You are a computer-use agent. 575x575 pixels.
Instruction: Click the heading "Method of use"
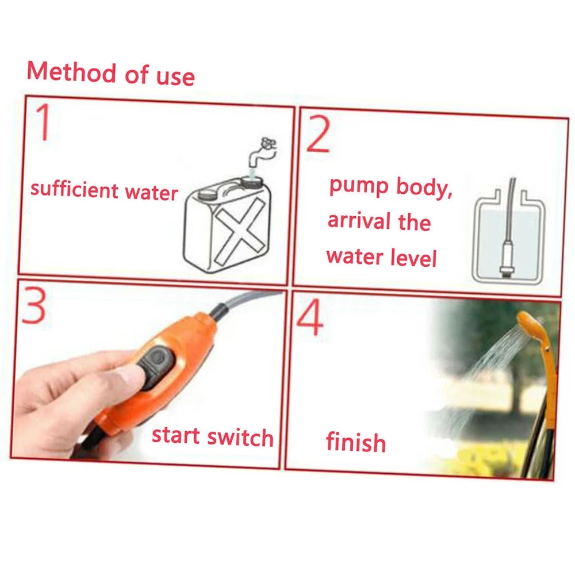(110, 74)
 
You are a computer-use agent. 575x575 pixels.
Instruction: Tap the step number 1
(44, 122)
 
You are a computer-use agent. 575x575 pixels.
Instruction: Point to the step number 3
(34, 305)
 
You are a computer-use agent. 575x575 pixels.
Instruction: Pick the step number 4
(310, 317)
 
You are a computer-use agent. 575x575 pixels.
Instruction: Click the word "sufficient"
(74, 189)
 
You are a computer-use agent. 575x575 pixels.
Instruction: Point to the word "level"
(413, 257)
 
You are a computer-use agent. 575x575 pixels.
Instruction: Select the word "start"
(175, 436)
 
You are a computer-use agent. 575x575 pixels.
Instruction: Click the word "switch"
(240, 437)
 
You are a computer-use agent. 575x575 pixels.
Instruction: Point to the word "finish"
(356, 442)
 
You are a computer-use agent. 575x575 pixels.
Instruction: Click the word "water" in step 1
(151, 192)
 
